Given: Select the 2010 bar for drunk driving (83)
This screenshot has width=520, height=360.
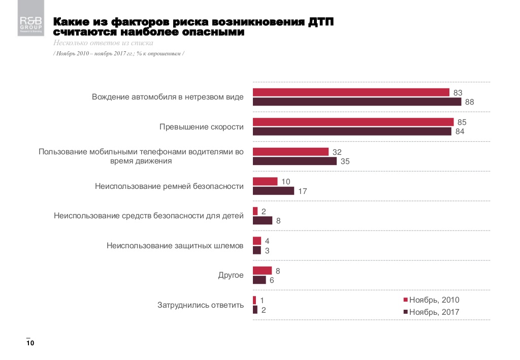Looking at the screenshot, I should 351,92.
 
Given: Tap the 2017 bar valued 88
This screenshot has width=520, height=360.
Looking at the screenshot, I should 357,102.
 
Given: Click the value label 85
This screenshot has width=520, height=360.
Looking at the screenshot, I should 462,122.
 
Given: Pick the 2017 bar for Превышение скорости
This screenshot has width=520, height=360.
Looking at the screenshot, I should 352,132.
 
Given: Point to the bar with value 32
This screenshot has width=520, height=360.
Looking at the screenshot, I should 291,152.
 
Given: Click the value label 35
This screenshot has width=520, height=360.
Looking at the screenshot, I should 345,161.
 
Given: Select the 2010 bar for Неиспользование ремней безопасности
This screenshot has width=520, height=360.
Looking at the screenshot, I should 265,181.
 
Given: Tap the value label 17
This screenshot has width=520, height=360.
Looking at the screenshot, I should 303,191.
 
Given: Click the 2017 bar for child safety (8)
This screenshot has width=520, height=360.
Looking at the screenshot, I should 263,220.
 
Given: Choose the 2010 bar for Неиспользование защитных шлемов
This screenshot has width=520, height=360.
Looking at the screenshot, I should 257,241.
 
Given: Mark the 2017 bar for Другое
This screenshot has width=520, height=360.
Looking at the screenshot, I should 259,280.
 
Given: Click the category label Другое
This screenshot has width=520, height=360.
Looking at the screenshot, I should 231,275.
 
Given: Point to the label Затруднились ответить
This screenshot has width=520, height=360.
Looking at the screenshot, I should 201,305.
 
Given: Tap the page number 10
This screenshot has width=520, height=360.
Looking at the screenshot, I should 30,344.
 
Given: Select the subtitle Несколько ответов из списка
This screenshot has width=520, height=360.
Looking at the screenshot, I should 103,43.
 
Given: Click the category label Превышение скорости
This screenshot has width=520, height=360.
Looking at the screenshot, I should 202,127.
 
